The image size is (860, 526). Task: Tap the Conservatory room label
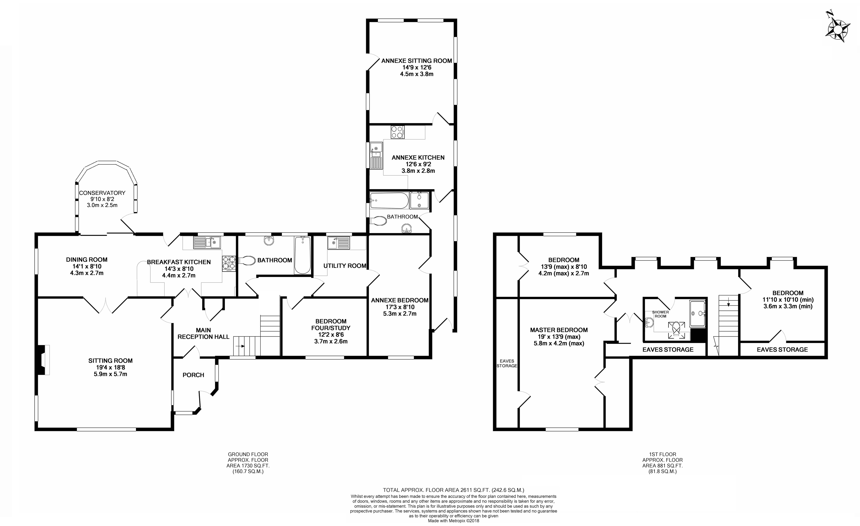102,193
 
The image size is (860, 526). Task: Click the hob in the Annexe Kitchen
398,132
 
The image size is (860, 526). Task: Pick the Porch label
193,375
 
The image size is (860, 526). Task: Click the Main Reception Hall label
204,333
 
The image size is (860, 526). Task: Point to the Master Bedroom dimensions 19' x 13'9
559,337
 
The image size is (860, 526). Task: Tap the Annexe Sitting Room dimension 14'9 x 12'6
417,67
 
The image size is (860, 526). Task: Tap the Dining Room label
87,259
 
